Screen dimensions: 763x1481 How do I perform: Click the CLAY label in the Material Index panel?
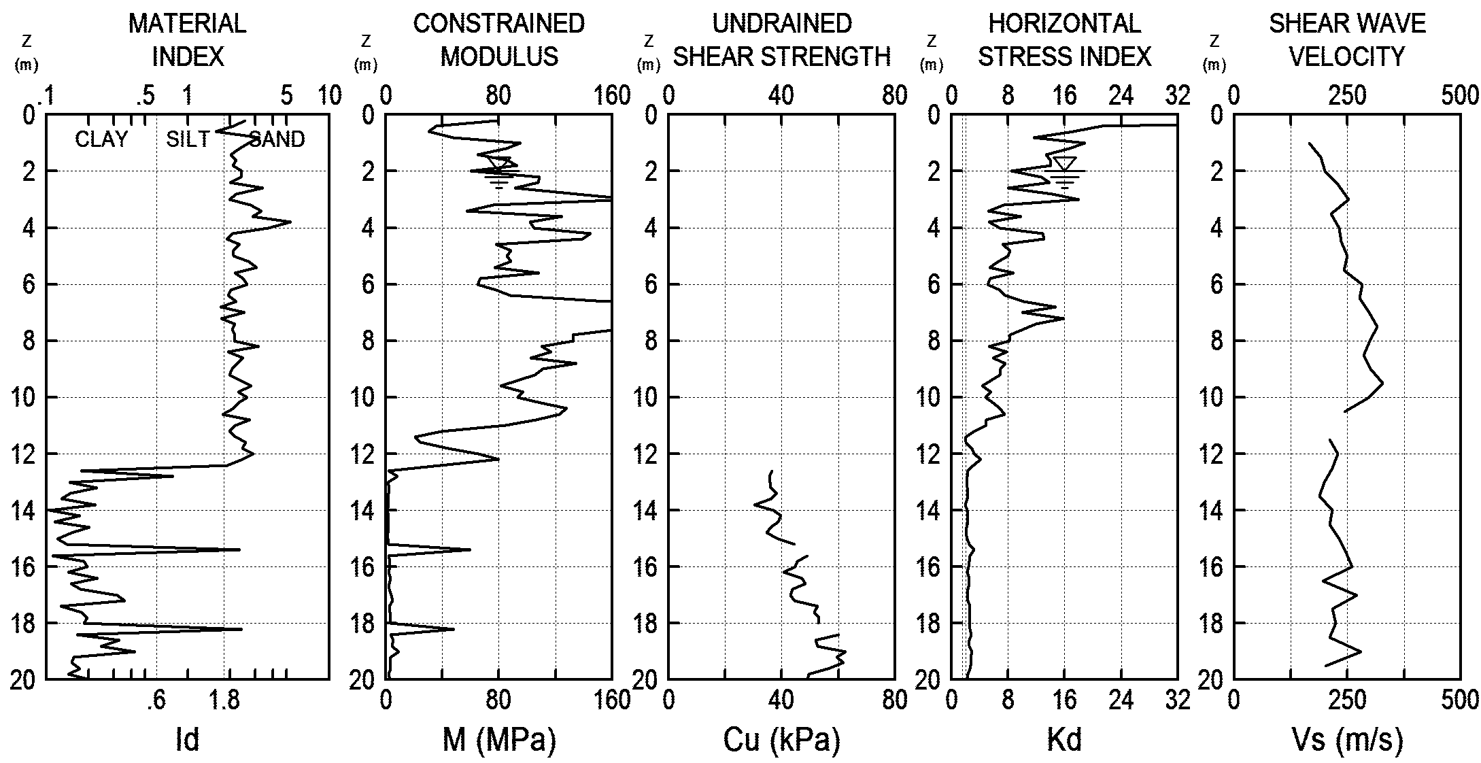pos(101,139)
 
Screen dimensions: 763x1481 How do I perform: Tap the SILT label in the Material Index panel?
pos(188,139)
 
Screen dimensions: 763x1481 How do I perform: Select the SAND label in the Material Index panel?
pos(277,139)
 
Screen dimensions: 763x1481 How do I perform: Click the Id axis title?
pos(187,739)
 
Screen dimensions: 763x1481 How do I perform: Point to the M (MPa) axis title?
pos(499,739)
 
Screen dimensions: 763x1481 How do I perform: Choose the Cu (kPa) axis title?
pos(781,739)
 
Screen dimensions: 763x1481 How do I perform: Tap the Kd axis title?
pos(1064,739)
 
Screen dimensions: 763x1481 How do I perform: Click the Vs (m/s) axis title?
pos(1347,739)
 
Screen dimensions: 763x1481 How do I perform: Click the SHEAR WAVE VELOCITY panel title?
pos(1347,40)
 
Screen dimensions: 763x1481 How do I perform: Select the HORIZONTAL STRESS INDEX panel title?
pos(1064,40)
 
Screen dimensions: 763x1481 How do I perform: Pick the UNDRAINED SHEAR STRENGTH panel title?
pos(781,40)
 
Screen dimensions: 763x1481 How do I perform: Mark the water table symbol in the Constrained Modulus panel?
pos(499,171)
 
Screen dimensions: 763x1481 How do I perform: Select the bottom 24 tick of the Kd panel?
pos(1121,700)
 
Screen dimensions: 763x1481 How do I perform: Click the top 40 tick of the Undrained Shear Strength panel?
pos(781,96)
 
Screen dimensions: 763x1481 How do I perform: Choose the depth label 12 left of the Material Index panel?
pos(23,454)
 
